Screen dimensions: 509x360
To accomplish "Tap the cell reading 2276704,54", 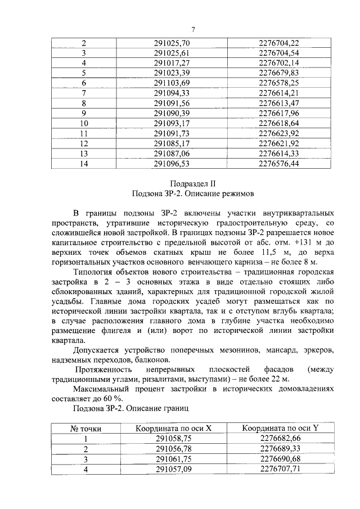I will click(278, 53).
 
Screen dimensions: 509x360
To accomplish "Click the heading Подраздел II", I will click(193, 183).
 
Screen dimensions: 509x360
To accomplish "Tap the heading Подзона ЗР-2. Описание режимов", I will click(193, 194).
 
